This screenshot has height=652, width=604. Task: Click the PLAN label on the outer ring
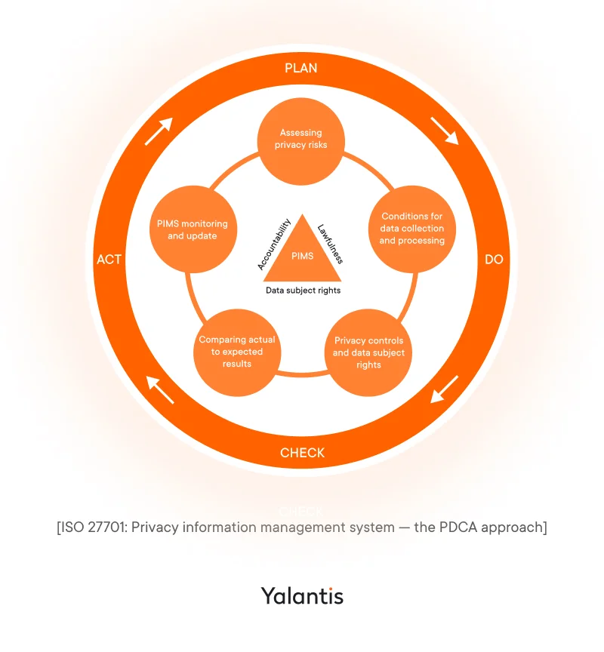tap(301, 68)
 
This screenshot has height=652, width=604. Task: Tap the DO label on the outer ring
tap(493, 259)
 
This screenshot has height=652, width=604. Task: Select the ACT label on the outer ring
tap(109, 259)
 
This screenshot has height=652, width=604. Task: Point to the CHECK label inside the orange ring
tap(302, 453)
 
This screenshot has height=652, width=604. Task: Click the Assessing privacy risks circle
tap(301, 139)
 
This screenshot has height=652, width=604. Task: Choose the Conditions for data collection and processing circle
tap(411, 229)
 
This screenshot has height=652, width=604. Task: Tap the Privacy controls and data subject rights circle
tap(368, 352)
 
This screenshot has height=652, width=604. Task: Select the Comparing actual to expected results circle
tap(237, 352)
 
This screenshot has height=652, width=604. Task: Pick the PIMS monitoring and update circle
tap(192, 230)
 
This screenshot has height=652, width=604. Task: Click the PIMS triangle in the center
tap(302, 254)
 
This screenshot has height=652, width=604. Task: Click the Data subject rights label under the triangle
tap(303, 290)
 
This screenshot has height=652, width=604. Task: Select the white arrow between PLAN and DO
tap(444, 130)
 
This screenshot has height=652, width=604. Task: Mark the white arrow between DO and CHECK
tap(444, 389)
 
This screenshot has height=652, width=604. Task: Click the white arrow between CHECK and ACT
tap(159, 389)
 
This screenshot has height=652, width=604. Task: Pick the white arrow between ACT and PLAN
tap(159, 131)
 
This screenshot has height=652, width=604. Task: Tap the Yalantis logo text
tap(302, 595)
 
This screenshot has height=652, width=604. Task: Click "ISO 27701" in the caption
tap(94, 527)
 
